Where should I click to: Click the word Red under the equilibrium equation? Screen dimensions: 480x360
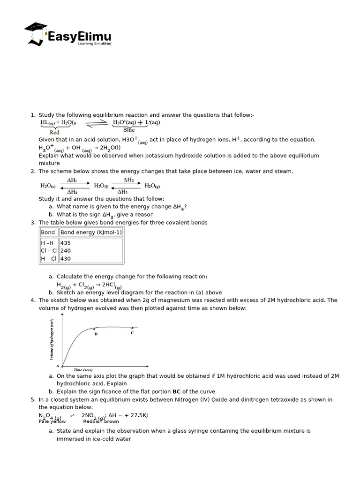click(54, 133)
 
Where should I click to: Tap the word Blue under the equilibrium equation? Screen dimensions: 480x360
click(129, 130)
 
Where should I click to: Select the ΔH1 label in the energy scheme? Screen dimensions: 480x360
click(72, 180)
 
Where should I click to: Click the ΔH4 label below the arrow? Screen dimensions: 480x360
click(72, 192)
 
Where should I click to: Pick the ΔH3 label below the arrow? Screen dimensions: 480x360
click(123, 192)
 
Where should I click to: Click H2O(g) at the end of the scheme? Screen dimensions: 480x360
click(152, 186)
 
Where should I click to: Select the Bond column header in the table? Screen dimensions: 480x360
click(48, 232)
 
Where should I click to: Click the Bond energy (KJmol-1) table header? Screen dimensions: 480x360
click(91, 232)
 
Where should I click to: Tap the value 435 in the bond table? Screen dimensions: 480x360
click(66, 243)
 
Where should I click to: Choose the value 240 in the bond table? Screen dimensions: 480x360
click(66, 251)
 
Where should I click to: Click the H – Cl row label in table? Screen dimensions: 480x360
click(49, 258)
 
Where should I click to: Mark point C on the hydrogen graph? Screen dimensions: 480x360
click(132, 332)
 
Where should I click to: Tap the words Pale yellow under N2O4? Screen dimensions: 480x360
click(52, 421)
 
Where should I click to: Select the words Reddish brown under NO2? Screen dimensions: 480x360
click(101, 421)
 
